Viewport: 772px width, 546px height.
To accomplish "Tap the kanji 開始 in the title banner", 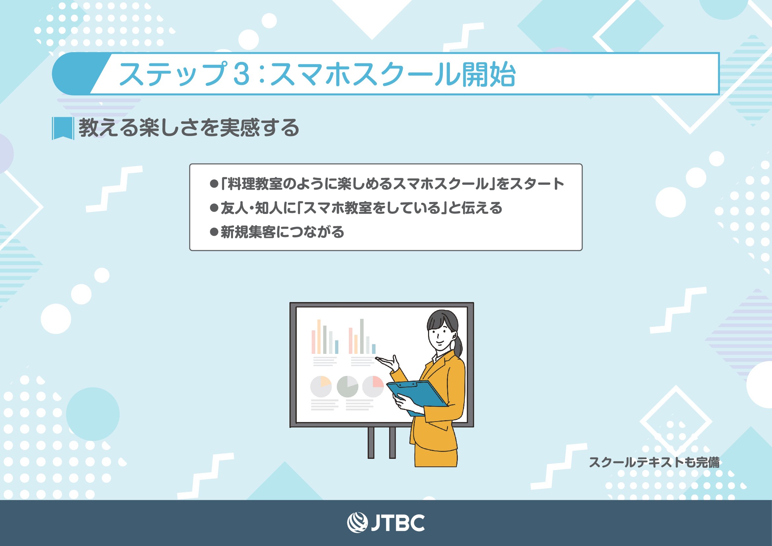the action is pyautogui.click(x=488, y=74).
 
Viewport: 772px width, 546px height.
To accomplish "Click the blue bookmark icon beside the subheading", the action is pyautogui.click(x=63, y=128).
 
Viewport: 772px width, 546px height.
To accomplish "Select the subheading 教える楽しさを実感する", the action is pyautogui.click(x=189, y=128).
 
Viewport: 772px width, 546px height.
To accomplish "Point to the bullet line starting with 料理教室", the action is pyautogui.click(x=386, y=184).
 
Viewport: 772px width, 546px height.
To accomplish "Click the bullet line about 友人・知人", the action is pyautogui.click(x=355, y=208).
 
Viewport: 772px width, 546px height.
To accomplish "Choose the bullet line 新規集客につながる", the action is pyautogui.click(x=277, y=232).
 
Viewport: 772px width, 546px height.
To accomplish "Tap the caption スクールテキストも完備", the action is pyautogui.click(x=654, y=462).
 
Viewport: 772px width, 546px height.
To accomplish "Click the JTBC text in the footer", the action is pyautogui.click(x=398, y=523).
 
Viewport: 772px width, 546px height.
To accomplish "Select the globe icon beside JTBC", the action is pyautogui.click(x=357, y=523).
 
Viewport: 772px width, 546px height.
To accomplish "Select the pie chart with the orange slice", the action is pyautogui.click(x=321, y=387).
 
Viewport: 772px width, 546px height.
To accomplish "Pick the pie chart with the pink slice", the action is pyautogui.click(x=373, y=387).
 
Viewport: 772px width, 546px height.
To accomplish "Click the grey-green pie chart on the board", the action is pyautogui.click(x=347, y=387).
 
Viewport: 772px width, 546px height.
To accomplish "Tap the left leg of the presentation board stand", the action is pyautogui.click(x=371, y=443).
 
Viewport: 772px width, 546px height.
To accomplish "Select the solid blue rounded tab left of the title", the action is pyautogui.click(x=77, y=74).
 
